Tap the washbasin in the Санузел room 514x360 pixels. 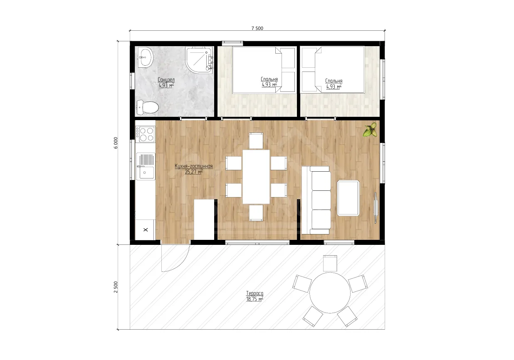tap(146, 57)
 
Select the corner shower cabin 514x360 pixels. tap(200, 60)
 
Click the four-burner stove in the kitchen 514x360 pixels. tap(145, 134)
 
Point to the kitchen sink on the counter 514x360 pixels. tap(146, 166)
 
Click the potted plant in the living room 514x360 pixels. tap(370, 130)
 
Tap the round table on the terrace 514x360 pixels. tap(330, 293)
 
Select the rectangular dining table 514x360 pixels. tap(256, 177)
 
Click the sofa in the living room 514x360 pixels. tap(316, 200)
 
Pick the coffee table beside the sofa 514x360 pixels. tap(348, 198)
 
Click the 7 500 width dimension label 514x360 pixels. tap(257, 28)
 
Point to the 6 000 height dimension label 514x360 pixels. tap(116, 143)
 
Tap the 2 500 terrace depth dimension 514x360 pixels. tap(116, 287)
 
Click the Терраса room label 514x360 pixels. tap(255, 293)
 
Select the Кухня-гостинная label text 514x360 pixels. tap(194, 166)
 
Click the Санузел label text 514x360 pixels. tap(166, 80)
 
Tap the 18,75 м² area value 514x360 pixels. tap(255, 299)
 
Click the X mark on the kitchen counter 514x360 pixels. tap(146, 229)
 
